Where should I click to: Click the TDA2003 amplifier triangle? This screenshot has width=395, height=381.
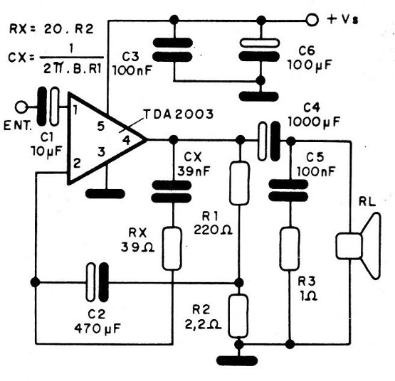coord(100,139)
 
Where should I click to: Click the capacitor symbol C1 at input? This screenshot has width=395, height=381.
coord(48,106)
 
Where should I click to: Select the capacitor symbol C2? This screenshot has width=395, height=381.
coord(95,282)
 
